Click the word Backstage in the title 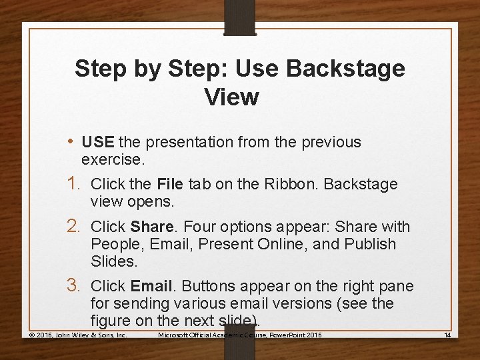click(345, 69)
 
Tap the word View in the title click(232, 97)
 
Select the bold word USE click(98, 142)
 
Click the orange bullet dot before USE click(71, 142)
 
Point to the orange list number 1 click(73, 183)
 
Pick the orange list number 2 click(73, 226)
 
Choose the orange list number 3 click(73, 285)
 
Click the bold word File click(170, 184)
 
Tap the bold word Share click(152, 227)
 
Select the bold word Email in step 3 click(151, 286)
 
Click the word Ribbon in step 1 click(292, 184)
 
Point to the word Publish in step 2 click(370, 244)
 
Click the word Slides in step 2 click(114, 261)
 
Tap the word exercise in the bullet click(113, 159)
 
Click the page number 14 click(447, 335)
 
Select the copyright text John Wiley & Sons click(91, 335)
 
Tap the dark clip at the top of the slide click(240, 18)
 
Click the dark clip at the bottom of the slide click(240, 342)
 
